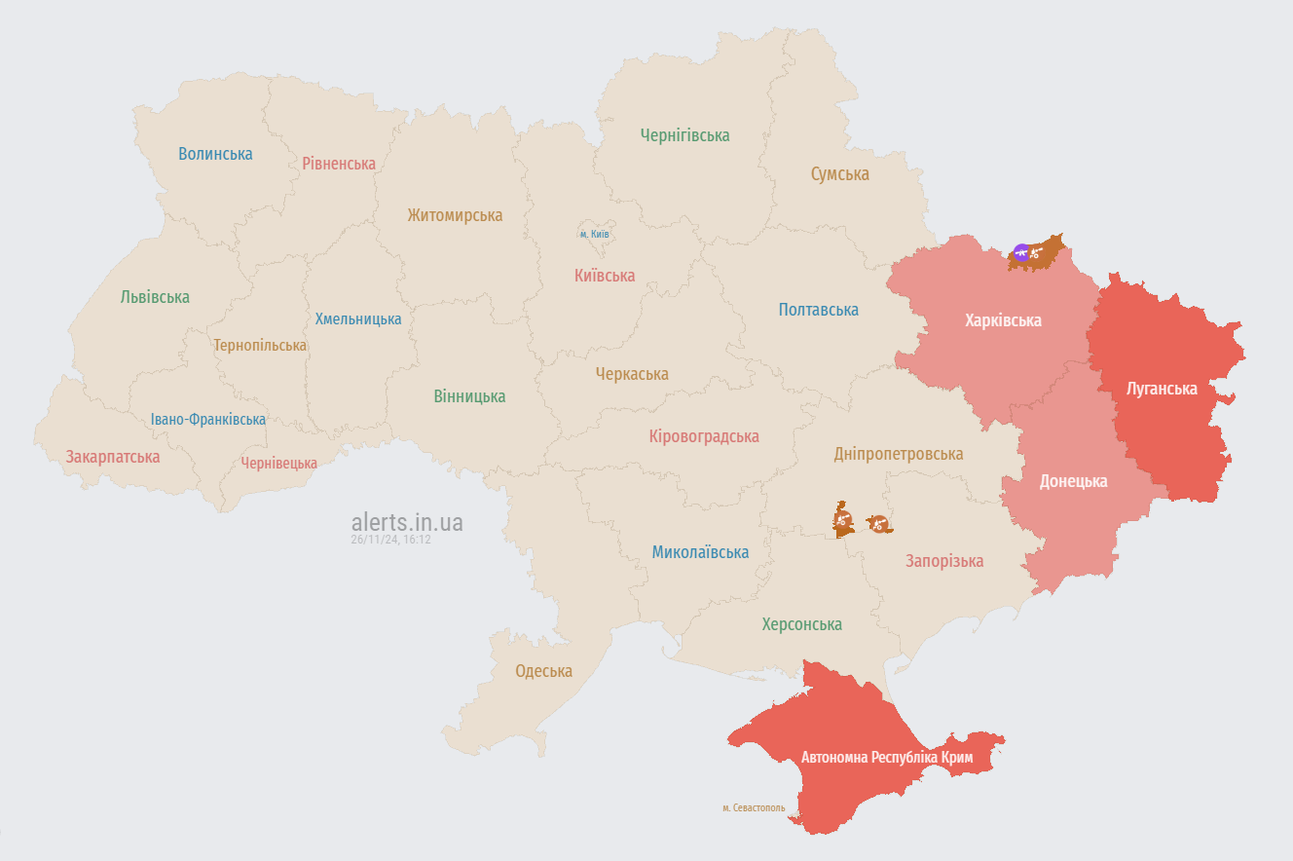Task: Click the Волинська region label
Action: pos(215,154)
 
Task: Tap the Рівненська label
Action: pos(338,164)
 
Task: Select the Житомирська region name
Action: pos(455,215)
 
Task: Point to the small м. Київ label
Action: pos(594,234)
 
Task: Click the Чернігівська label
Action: pos(684,135)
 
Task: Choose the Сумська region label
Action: pos(839,174)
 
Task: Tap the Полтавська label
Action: pos(818,310)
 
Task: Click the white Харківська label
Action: pos(1003,320)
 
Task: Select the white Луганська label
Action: pos(1162,389)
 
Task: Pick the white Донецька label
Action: pos(1073,481)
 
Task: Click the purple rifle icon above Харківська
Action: pos(1021,253)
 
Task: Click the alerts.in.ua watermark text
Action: pos(407,522)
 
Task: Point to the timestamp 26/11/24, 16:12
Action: pos(390,540)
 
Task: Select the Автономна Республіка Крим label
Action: pos(886,757)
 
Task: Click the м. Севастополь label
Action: pos(754,807)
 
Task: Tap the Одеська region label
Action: pos(543,671)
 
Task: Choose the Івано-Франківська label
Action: pos(207,420)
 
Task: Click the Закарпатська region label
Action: pos(113,457)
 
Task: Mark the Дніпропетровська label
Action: pos(898,454)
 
